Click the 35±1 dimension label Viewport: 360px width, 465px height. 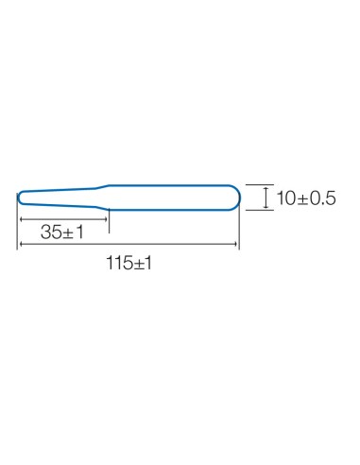point(62,232)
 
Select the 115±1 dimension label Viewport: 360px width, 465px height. point(129,263)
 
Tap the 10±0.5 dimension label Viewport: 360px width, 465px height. point(306,198)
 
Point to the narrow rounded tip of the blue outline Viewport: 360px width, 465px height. point(18,198)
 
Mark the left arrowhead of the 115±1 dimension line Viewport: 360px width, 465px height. point(22,244)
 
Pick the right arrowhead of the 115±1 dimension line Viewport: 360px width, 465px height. point(234,244)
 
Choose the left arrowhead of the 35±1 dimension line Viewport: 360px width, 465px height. point(22,219)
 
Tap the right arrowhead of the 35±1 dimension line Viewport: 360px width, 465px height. point(105,219)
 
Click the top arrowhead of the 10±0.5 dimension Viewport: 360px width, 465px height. point(266,189)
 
